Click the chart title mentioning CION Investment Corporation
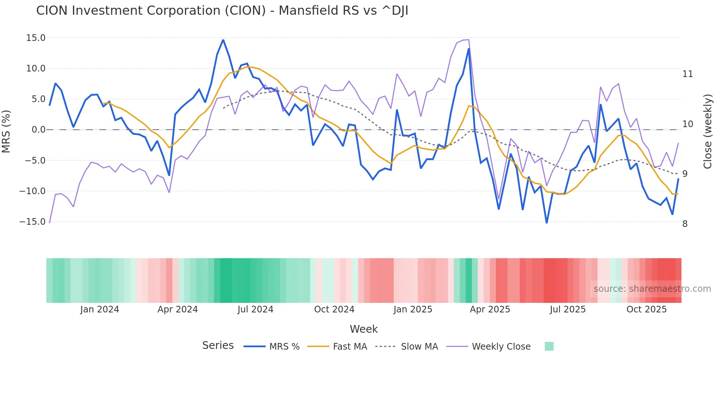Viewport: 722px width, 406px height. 222,11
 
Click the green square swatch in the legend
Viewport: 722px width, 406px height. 549,346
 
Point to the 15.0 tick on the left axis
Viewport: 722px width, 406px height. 36,38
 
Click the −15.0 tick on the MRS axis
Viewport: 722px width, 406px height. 32,222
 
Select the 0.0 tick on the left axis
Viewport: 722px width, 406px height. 38,130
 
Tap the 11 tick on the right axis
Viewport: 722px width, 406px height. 687,74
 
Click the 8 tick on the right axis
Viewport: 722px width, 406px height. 685,224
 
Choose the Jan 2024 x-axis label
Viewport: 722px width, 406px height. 99,309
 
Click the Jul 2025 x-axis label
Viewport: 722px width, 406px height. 568,309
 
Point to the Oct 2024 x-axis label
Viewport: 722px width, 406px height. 334,309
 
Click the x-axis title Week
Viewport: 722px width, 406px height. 364,329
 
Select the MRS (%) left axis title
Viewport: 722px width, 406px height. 6,131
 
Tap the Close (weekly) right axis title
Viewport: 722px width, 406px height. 707,131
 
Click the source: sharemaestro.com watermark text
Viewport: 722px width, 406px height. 652,289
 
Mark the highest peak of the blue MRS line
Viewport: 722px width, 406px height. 223,40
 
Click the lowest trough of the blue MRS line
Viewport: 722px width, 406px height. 547,223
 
